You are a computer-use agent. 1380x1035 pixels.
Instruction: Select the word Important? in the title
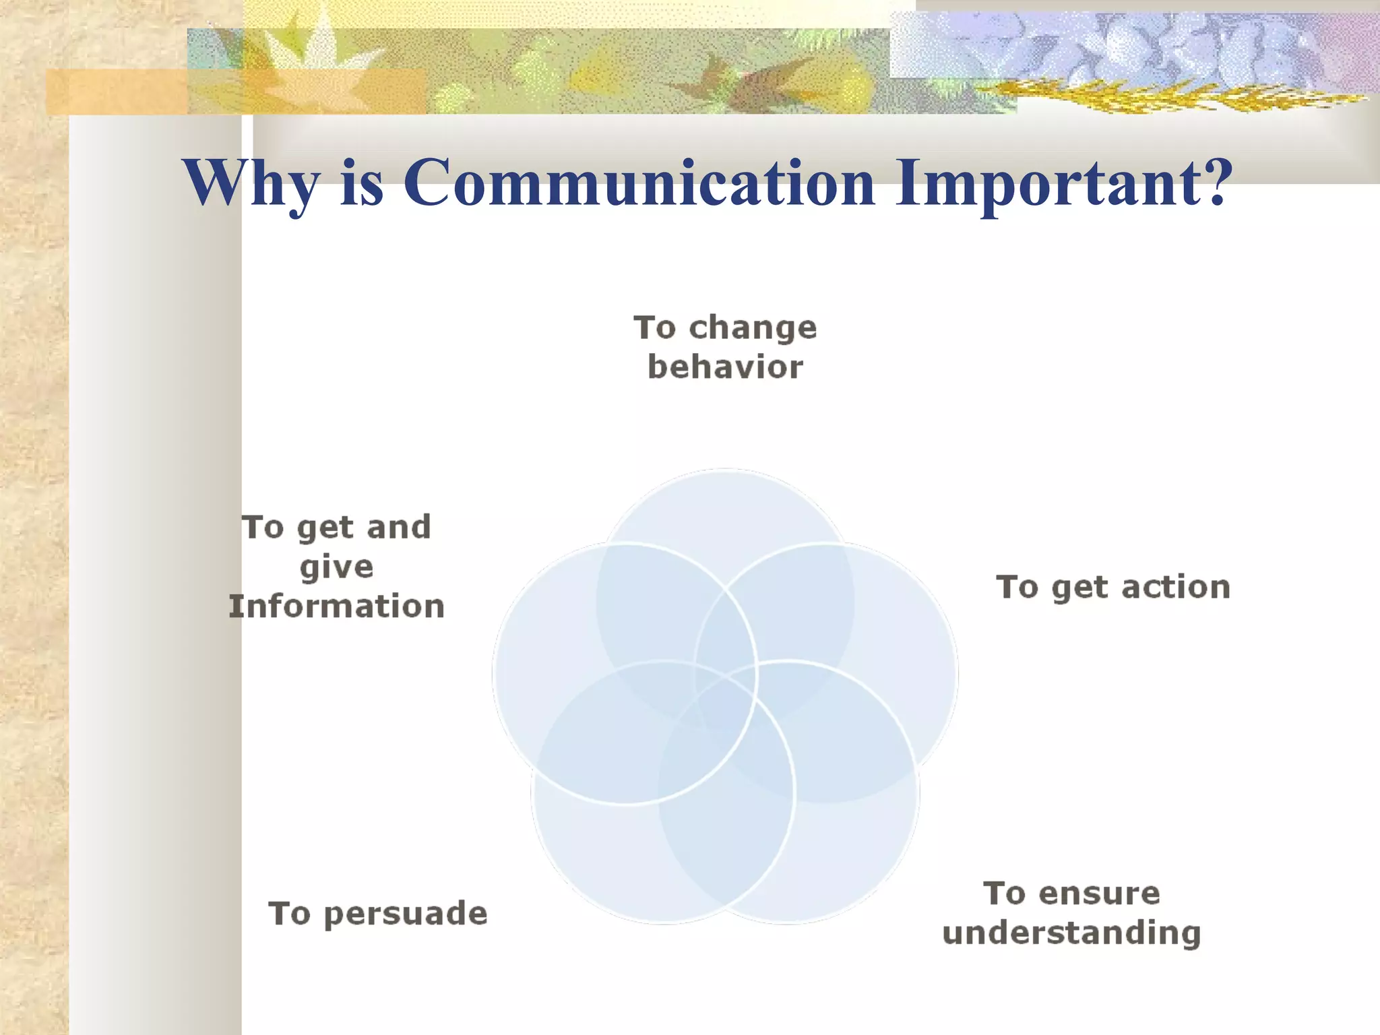1063,183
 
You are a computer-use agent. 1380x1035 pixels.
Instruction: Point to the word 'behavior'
725,368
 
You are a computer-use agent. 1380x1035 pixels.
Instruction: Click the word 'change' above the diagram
753,329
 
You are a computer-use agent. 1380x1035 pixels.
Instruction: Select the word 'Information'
336,606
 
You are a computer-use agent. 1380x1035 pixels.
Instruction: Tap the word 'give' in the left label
336,567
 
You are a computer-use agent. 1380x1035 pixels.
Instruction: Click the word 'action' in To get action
1175,588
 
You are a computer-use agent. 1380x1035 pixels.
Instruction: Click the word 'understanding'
1071,934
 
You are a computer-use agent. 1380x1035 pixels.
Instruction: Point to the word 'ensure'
1099,894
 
